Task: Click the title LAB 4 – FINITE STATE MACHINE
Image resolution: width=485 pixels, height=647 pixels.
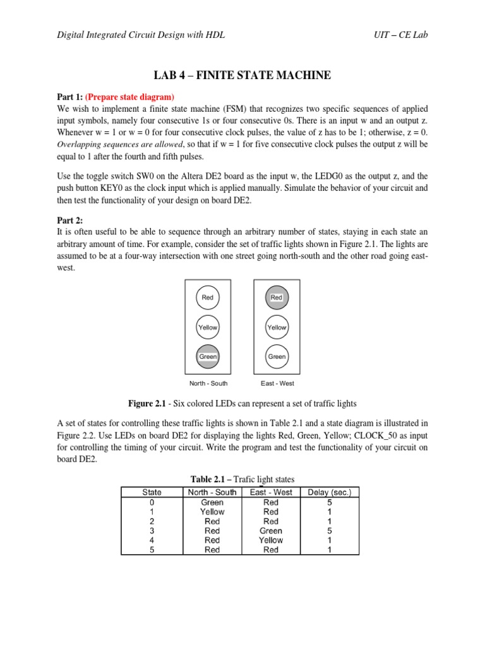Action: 242,76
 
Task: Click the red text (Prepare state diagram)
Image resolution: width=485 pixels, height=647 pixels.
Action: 129,97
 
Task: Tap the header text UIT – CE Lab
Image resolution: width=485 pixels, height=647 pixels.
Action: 400,35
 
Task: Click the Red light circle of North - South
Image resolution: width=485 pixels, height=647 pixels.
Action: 208,298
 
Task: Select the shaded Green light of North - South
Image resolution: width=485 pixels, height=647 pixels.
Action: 208,356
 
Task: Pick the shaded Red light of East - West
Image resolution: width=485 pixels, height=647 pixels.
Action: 277,298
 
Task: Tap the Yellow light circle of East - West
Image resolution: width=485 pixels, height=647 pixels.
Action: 277,327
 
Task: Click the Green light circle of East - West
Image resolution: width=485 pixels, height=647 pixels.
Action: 277,356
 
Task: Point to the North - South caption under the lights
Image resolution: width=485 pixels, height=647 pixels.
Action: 208,384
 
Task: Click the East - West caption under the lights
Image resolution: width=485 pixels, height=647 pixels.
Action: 277,384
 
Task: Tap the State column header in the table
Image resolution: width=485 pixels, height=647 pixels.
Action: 152,492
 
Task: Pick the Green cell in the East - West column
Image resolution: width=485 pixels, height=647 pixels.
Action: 270,531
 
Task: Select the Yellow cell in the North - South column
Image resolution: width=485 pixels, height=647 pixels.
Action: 212,512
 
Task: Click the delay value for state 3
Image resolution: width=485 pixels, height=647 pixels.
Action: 330,531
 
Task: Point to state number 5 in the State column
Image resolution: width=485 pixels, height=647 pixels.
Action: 152,550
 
